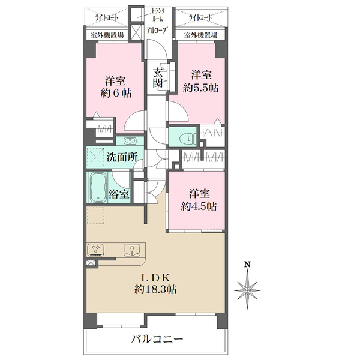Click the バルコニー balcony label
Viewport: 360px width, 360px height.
point(157,339)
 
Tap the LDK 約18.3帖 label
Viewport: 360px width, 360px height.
point(155,284)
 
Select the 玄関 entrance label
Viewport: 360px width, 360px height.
point(158,78)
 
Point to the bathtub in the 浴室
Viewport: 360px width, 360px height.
point(98,188)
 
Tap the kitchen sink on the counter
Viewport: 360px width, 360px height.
point(132,250)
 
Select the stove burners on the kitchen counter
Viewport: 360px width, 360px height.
point(95,250)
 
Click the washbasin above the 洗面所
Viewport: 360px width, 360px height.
point(130,141)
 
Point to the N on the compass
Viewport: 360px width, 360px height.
point(247,265)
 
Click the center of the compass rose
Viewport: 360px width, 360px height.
point(247,290)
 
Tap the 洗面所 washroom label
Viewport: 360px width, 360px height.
point(122,157)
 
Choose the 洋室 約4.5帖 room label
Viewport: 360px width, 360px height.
point(199,200)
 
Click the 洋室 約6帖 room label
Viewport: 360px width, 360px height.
point(116,87)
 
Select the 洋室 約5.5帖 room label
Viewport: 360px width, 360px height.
point(200,81)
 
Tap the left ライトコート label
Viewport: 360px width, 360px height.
point(107,17)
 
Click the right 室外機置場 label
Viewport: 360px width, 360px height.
point(200,35)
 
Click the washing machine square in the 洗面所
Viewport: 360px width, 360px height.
point(95,157)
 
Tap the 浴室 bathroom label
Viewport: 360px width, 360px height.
point(119,194)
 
